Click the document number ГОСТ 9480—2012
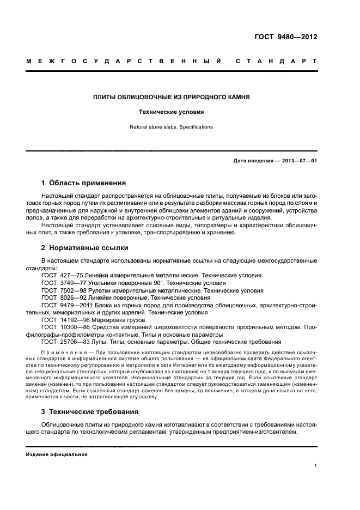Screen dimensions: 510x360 point(286,38)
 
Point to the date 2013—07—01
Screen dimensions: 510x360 point(297,161)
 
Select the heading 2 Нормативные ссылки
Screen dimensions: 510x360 point(84,247)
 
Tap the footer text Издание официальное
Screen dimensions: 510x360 point(57,454)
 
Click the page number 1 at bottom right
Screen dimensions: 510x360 point(316,466)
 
